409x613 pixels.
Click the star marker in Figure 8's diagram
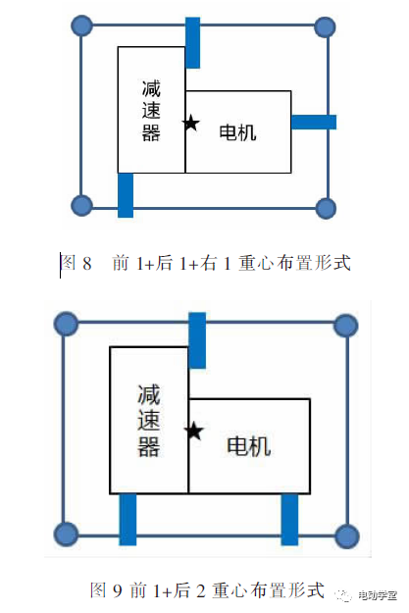click(191, 123)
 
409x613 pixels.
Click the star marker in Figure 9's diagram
click(194, 432)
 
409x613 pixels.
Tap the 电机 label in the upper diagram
click(237, 132)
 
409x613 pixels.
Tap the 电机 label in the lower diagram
click(249, 445)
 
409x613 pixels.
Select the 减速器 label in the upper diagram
click(151, 111)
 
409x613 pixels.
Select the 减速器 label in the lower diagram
click(148, 421)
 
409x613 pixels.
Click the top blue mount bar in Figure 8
click(192, 42)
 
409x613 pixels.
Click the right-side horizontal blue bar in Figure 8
click(314, 122)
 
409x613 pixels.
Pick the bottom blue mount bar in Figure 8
click(126, 195)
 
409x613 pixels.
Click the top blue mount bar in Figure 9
click(197, 340)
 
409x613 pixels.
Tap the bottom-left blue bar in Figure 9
click(128, 520)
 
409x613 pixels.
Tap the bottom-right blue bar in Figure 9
click(289, 520)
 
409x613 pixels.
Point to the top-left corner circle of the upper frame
click(82, 26)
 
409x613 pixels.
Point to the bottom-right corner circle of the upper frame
click(326, 208)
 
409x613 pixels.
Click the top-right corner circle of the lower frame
click(346, 326)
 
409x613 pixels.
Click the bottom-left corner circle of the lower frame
click(66, 535)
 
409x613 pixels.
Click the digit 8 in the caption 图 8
click(87, 263)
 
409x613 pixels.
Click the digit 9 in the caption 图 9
click(118, 590)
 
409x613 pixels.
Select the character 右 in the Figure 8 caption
click(208, 263)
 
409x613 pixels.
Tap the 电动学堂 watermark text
click(378, 595)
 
